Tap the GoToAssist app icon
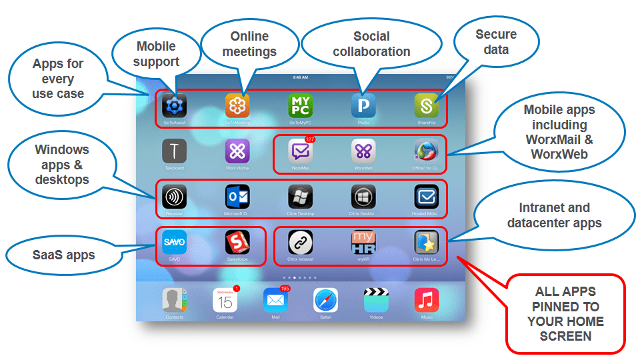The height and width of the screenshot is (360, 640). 175,105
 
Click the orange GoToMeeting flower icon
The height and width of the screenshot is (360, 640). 237,105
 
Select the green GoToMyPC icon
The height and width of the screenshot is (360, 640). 300,105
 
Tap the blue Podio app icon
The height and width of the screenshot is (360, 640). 363,105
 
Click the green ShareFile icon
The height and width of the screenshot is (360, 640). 426,105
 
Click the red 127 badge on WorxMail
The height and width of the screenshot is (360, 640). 309,139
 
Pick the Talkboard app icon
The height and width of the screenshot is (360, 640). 175,151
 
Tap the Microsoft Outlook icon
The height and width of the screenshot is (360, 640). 237,196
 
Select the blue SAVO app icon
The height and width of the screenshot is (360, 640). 175,241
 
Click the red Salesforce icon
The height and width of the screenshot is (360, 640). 237,241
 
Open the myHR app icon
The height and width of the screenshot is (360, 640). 363,241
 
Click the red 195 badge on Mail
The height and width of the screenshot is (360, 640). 285,289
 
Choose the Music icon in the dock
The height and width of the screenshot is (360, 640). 426,301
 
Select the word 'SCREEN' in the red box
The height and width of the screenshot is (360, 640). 565,336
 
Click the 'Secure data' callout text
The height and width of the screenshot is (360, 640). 496,41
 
